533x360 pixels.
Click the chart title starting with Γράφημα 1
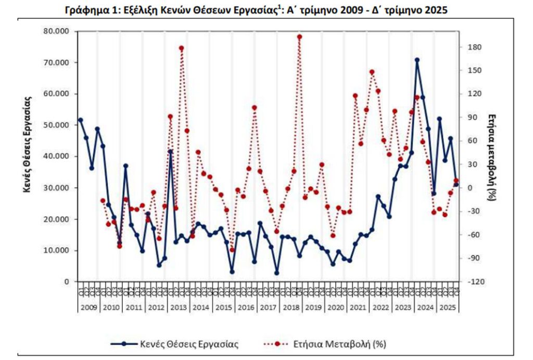coord(257,10)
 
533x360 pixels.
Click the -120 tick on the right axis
coord(476,281)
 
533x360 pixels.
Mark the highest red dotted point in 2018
coord(299,37)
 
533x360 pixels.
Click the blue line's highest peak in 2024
coord(417,60)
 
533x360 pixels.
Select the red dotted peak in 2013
coord(182,48)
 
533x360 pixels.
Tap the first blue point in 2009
coord(80,120)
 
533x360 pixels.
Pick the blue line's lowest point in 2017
coord(276,273)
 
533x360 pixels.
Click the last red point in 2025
coord(456,181)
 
